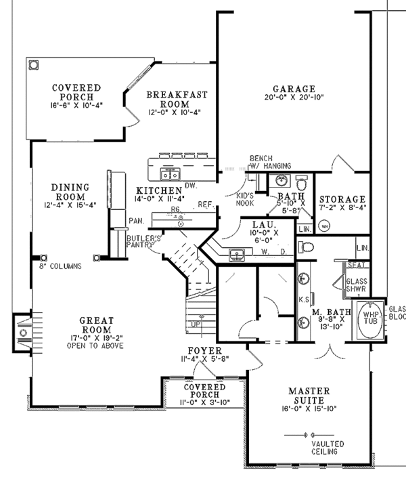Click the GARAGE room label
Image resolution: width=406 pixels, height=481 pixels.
294,89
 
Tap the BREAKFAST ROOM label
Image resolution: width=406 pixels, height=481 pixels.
177,99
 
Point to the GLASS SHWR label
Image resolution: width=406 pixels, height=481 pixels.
356,284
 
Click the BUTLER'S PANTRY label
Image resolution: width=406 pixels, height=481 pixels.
143,243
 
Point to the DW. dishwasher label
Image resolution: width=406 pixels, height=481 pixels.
190,184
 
